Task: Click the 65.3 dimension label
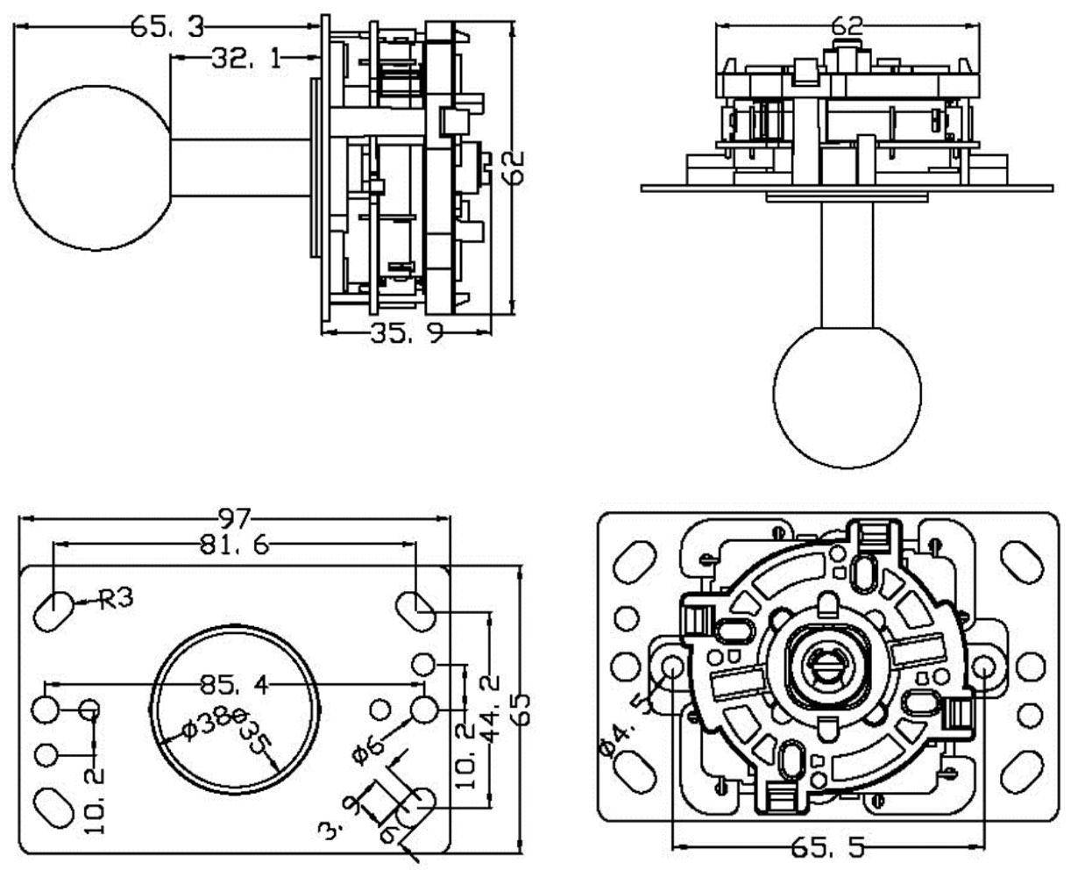point(167,26)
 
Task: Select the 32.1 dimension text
point(246,59)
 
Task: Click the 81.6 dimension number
point(234,545)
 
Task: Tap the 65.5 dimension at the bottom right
point(827,847)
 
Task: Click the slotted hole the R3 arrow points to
point(54,608)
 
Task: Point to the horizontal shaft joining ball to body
point(241,168)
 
